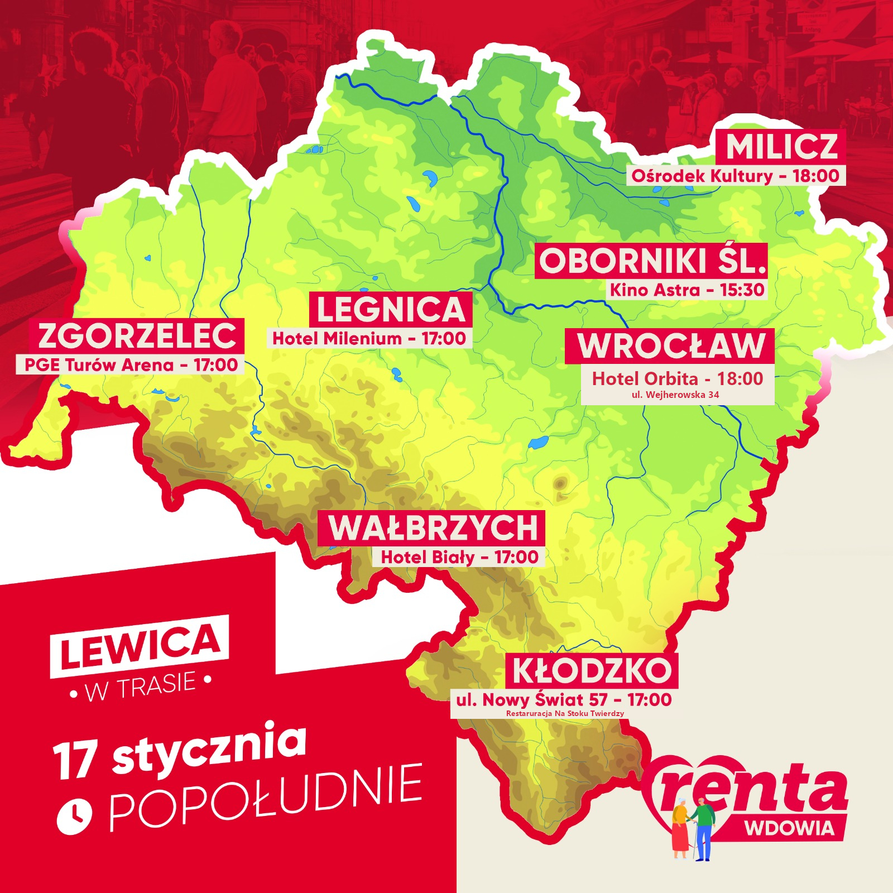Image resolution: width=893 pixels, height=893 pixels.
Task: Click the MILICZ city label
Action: point(781,147)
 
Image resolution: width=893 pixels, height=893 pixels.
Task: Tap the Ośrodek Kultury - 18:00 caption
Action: point(735,176)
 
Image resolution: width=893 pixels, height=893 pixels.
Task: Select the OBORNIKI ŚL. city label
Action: point(651,261)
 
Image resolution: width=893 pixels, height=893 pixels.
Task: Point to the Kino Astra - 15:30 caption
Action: point(686,290)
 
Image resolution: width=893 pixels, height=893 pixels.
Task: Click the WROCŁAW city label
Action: point(670,346)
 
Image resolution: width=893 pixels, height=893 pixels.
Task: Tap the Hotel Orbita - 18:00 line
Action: point(677,378)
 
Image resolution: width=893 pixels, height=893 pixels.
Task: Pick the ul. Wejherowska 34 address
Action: point(675,395)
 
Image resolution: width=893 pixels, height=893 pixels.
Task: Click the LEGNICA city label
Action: point(391,309)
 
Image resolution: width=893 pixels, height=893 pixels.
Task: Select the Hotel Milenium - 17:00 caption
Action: point(369,338)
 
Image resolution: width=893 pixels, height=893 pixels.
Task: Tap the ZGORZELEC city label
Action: point(137,335)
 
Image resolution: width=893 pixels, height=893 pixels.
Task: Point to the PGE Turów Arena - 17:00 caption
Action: point(131,364)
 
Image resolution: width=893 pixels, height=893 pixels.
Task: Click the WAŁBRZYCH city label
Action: point(432,528)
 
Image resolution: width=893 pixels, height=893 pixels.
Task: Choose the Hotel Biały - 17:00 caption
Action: point(459,556)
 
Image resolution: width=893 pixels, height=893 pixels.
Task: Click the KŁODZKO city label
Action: point(592,670)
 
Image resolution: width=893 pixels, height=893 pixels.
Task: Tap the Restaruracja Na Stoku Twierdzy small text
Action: point(565,713)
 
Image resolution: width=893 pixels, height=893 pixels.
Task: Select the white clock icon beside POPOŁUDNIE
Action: point(74,817)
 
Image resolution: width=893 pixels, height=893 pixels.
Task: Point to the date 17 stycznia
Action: point(180,751)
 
